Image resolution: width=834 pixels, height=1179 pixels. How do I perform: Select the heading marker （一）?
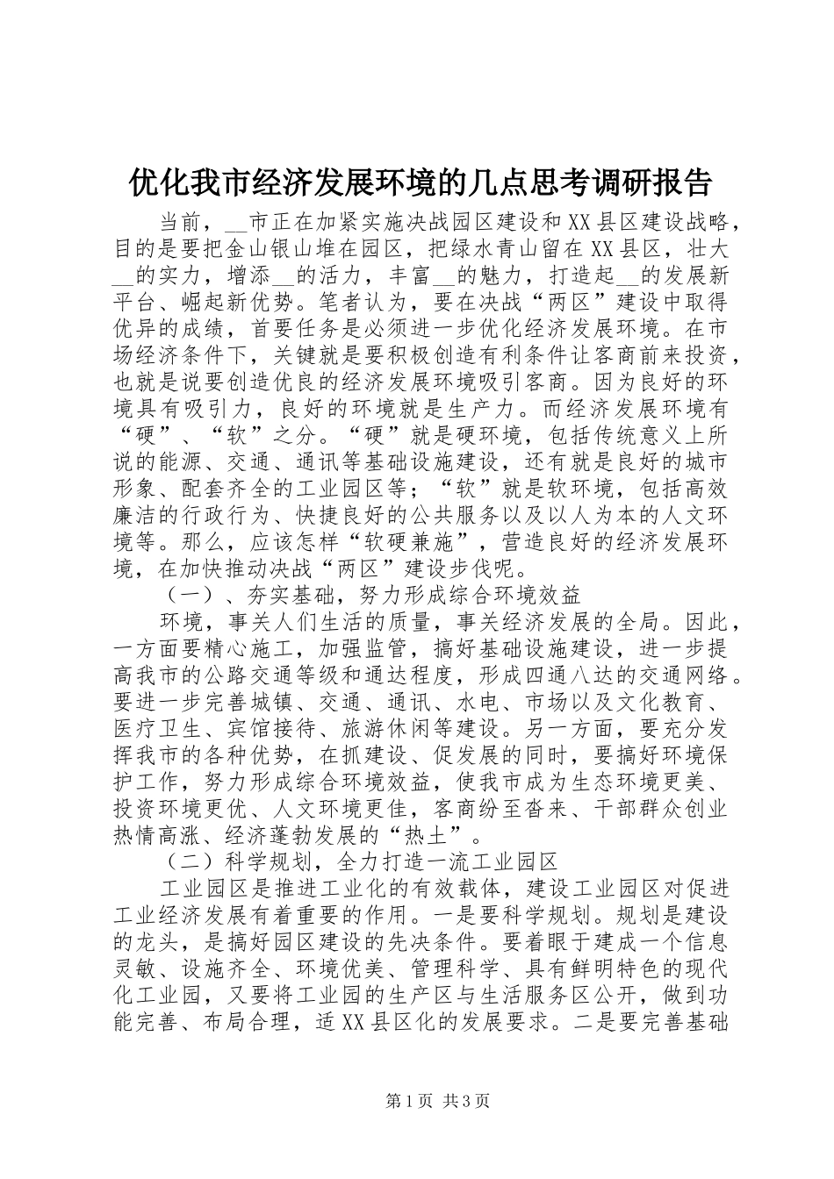[x=186, y=596]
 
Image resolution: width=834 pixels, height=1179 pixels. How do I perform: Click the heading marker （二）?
[x=186, y=863]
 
